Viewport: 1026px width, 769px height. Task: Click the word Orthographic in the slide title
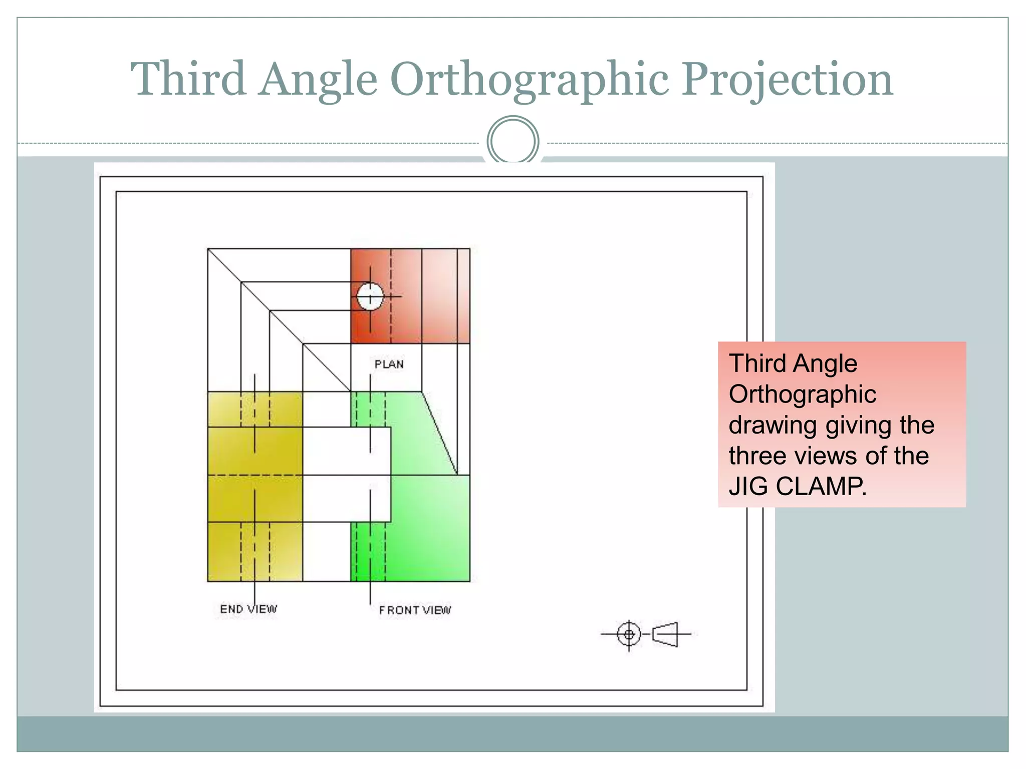point(529,80)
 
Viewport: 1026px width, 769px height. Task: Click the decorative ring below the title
point(512,141)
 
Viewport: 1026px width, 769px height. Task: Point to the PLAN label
point(389,364)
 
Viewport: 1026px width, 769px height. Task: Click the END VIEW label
point(248,609)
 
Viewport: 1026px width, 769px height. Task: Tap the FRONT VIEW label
point(415,610)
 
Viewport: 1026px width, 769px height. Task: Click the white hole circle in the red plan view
point(370,297)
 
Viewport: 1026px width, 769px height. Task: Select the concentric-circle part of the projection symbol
point(629,634)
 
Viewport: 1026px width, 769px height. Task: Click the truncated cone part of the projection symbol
point(666,634)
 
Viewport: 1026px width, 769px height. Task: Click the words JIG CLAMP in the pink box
point(797,486)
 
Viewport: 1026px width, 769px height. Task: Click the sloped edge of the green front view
point(440,434)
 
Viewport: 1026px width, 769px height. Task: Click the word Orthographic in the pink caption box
point(802,395)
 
